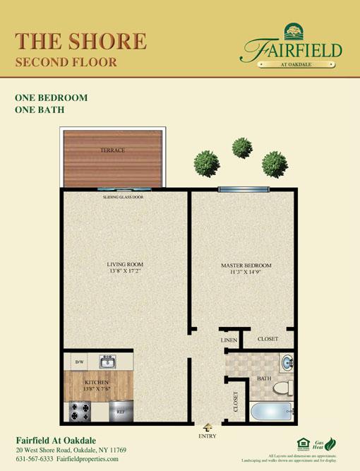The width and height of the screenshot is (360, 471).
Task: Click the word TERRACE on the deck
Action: pos(112,150)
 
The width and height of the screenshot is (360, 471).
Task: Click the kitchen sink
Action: pos(107,363)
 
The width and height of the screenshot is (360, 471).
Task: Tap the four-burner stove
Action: pos(78,410)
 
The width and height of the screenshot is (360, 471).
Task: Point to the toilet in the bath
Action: pos(282,387)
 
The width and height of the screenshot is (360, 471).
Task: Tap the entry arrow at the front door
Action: pos(208,427)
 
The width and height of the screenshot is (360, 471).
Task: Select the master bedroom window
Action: pos(244,189)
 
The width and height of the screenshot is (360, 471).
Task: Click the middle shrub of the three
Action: pos(242,148)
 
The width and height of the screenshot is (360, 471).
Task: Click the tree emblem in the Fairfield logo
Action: pos(292,31)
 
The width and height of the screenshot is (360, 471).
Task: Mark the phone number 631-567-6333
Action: pos(35,458)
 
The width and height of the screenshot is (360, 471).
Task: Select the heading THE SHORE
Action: pos(80,40)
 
